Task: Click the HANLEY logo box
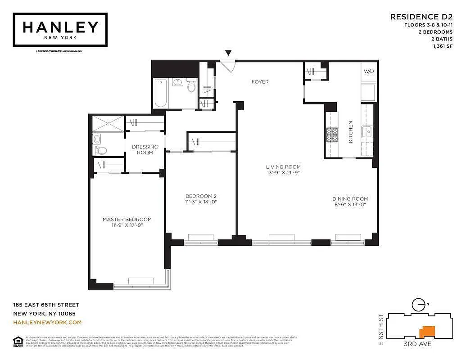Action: point(60,30)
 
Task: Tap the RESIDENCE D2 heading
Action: point(421,17)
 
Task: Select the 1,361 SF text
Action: point(443,45)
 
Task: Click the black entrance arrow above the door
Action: point(228,53)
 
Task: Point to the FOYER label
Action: point(260,82)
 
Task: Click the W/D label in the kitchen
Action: point(368,72)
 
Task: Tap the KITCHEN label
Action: point(351,132)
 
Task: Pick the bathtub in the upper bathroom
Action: point(161,93)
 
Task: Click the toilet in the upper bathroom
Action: point(191,85)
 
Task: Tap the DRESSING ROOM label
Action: point(145,149)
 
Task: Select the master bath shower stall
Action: point(108,124)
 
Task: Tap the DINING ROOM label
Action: point(350,199)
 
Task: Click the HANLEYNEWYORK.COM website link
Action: point(47,322)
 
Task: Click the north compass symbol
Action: point(418,304)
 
